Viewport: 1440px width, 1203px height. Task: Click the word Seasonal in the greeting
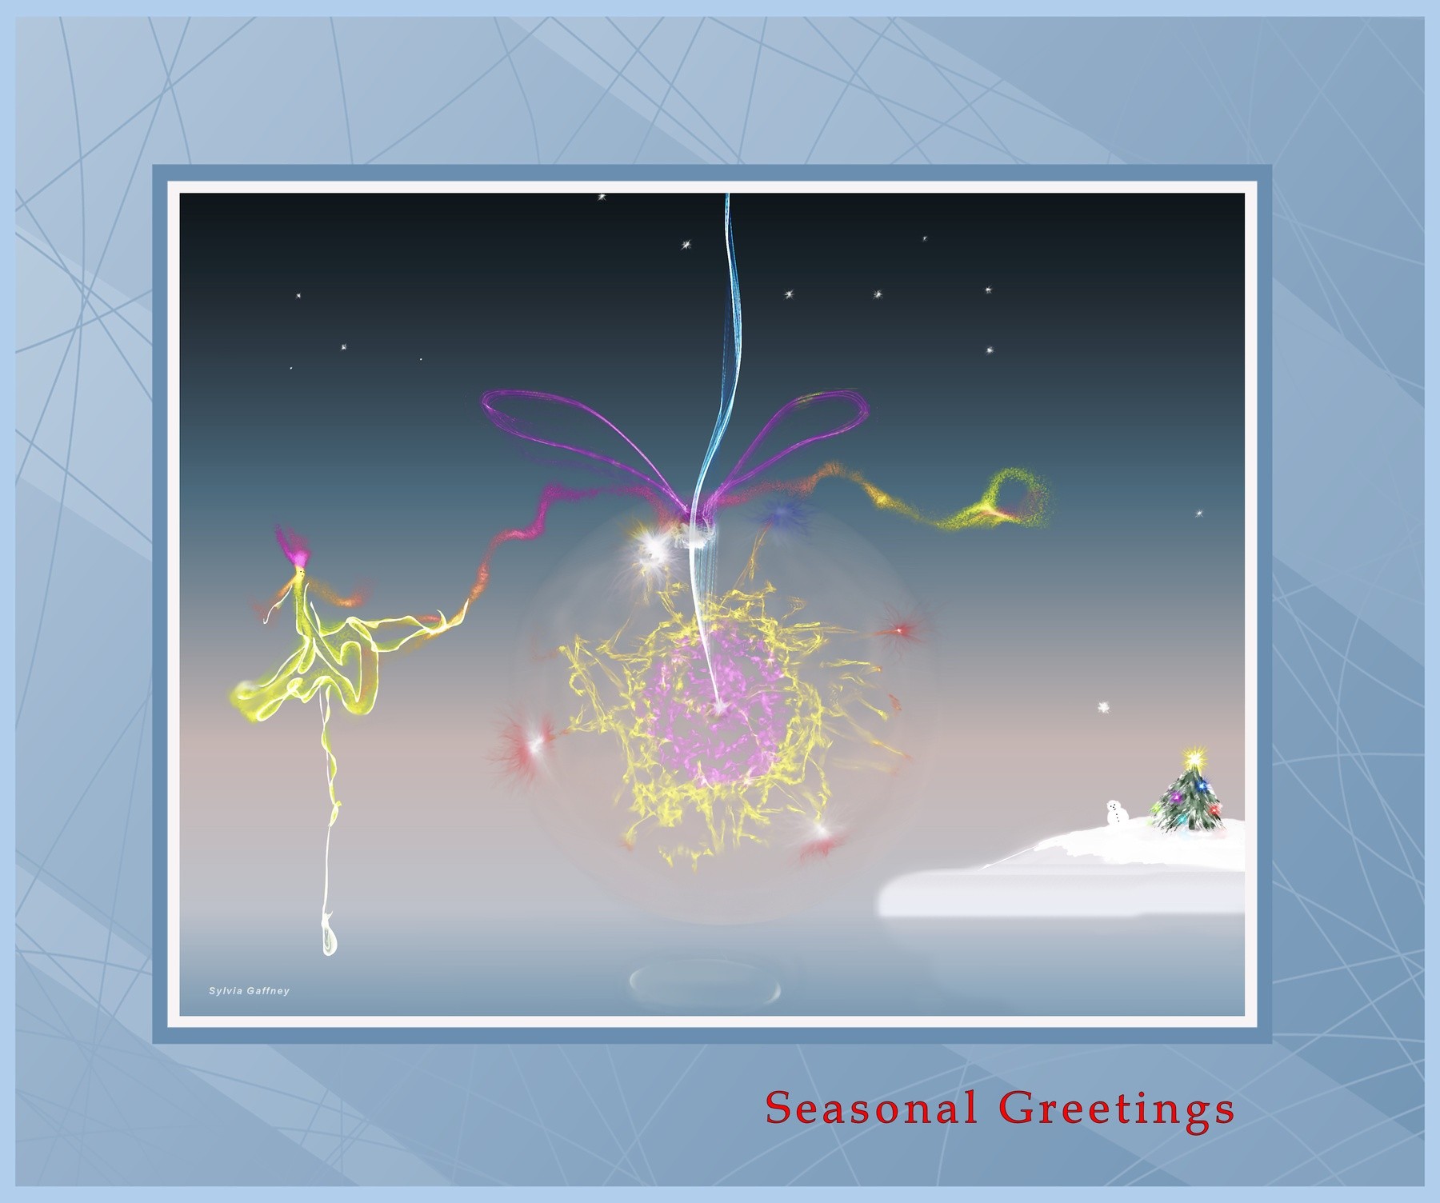pos(870,1109)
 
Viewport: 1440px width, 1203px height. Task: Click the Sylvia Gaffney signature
pos(249,991)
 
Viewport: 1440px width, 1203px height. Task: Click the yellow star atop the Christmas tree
pos(1194,755)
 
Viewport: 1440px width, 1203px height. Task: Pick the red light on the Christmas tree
pos(1214,809)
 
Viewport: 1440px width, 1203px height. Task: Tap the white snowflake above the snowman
pos(1105,706)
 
